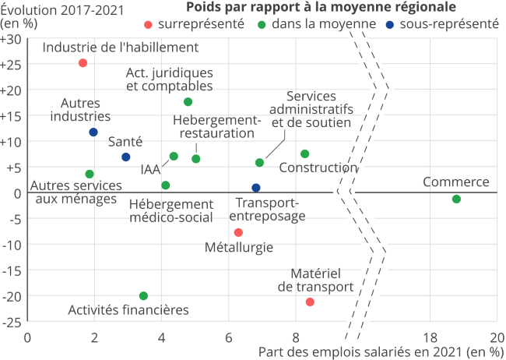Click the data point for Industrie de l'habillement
83,63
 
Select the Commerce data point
456,199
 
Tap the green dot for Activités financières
143,296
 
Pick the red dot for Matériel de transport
310,302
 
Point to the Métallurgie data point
238,232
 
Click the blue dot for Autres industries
93,132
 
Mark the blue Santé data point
126,157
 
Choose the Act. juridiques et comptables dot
188,102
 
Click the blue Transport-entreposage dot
256,188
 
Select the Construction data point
304,154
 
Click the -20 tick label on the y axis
12,296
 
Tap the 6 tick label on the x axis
229,337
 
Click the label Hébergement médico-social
170,210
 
